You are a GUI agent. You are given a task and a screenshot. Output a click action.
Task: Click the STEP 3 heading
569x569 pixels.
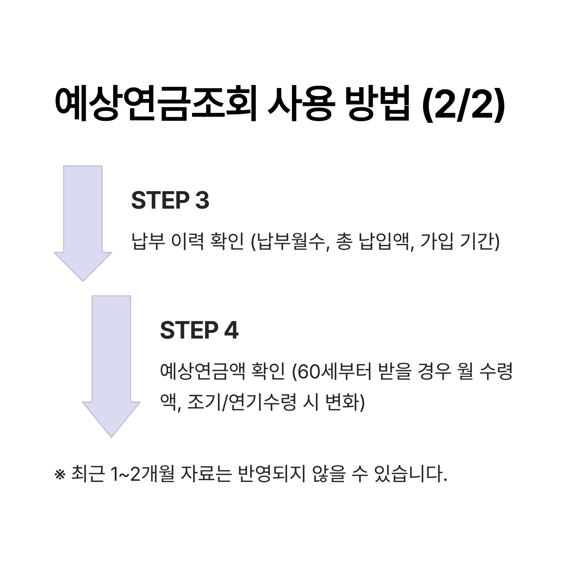(x=170, y=201)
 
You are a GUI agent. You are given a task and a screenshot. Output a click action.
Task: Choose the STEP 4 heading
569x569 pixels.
(x=199, y=330)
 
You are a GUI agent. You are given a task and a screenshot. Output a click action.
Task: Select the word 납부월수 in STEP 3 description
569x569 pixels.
(x=291, y=242)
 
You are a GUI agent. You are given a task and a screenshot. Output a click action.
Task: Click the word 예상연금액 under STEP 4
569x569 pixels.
(x=203, y=371)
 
